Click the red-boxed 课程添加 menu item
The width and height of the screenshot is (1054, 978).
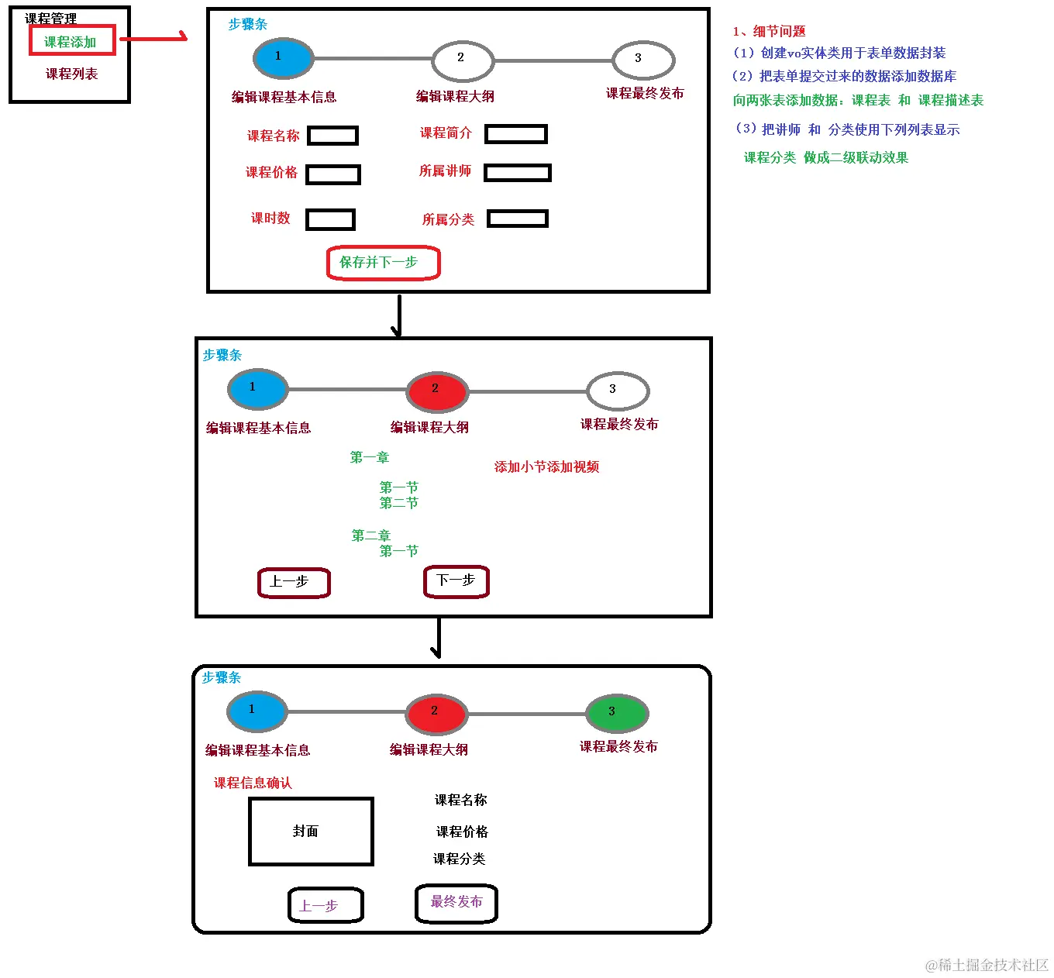click(x=72, y=41)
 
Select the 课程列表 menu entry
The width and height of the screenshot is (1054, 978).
click(x=71, y=74)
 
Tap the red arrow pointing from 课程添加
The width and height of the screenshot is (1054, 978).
click(x=153, y=37)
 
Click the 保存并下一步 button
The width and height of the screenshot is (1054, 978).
click(x=383, y=263)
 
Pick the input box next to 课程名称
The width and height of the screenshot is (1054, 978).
click(x=332, y=136)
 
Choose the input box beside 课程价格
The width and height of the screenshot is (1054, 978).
click(x=333, y=174)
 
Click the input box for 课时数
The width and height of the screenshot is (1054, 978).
click(x=330, y=219)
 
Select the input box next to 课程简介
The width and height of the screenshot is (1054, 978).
click(x=515, y=134)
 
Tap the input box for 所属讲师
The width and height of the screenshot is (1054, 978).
click(x=517, y=172)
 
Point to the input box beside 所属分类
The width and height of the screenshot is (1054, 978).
click(x=517, y=219)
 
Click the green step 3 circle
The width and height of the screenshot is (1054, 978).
click(x=616, y=713)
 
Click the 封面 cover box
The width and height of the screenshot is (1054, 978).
click(x=311, y=832)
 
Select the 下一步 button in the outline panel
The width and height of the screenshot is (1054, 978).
click(x=456, y=581)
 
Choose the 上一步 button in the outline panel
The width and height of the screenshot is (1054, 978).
click(x=294, y=583)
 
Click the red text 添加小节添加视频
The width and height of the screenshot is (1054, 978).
click(x=546, y=467)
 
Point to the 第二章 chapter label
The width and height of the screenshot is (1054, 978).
click(x=370, y=535)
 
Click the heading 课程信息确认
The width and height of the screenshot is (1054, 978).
click(x=253, y=783)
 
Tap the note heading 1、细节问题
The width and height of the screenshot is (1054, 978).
click(x=769, y=31)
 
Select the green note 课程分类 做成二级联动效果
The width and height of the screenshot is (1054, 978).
click(x=825, y=157)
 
